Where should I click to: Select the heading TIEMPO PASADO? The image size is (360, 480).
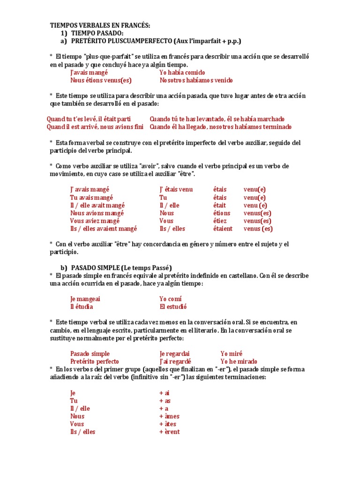click(97, 33)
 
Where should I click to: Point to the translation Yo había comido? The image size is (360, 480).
click(182, 73)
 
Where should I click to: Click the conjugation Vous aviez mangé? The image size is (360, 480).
click(95, 221)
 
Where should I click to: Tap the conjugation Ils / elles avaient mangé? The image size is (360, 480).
click(104, 229)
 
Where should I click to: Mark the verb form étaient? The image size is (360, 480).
click(223, 229)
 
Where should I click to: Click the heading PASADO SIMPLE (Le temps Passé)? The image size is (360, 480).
click(121, 268)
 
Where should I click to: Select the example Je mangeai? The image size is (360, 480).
click(85, 299)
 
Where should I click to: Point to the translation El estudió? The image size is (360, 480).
click(173, 307)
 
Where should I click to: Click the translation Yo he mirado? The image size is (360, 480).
click(240, 361)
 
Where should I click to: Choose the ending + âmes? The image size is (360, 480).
click(169, 416)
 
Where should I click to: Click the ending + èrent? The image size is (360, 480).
click(169, 432)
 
